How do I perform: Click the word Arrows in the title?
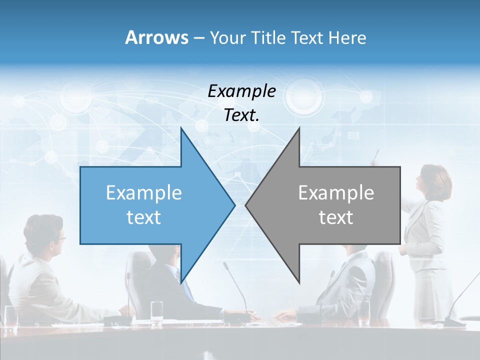156,38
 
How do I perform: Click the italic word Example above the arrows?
241,91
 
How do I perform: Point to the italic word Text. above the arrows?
241,115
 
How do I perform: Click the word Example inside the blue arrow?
144,193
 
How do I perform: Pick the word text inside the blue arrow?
144,217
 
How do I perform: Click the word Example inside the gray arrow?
336,193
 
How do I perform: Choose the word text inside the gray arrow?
336,217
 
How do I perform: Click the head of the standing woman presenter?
431,180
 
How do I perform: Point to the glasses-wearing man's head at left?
46,233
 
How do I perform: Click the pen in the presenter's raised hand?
376,154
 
